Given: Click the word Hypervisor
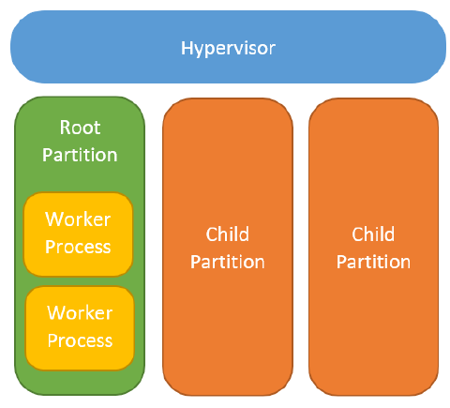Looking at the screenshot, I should click(x=228, y=47).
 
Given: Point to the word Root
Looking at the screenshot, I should click(x=80, y=128).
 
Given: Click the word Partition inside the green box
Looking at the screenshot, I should click(x=80, y=154).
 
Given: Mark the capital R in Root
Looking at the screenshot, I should click(x=66, y=128).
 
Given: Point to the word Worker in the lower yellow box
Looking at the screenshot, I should click(x=80, y=312).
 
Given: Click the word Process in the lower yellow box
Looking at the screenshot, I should click(x=80, y=340).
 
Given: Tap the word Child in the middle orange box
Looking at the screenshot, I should click(x=227, y=234).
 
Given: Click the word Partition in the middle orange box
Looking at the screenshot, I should click(x=227, y=261).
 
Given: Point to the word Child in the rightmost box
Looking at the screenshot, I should click(x=374, y=234).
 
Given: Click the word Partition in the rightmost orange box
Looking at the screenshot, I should click(x=374, y=261).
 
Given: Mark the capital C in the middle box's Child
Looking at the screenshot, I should click(x=211, y=234).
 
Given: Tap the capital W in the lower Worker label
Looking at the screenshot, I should click(x=55, y=312).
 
